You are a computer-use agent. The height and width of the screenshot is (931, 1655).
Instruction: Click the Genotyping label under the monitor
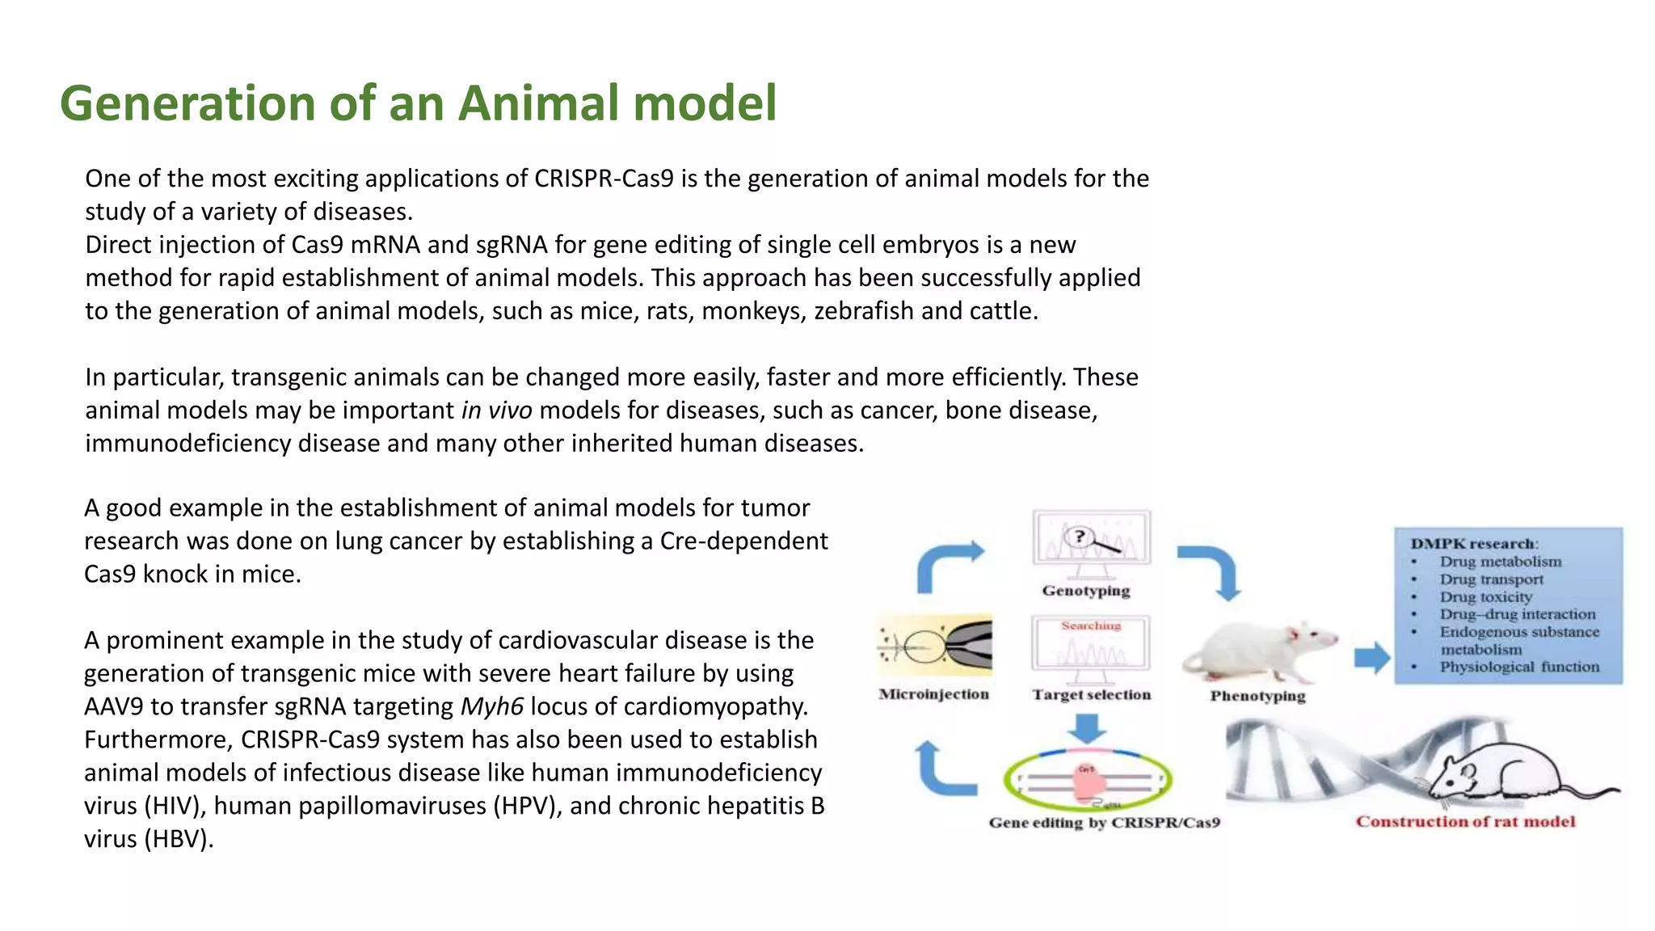coord(1085,591)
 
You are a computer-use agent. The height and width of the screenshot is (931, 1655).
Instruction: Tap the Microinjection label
coord(933,694)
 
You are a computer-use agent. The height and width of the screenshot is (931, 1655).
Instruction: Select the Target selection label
coord(1091,695)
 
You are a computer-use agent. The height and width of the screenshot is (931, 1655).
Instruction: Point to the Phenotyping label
coord(1257,696)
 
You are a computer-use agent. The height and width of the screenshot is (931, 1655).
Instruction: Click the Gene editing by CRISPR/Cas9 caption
coord(1104,823)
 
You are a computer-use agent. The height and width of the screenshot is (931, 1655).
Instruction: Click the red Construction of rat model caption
coord(1465,822)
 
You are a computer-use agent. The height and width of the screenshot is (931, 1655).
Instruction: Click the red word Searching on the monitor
coord(1091,626)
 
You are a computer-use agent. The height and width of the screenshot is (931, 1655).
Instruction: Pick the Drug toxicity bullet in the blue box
coord(1485,597)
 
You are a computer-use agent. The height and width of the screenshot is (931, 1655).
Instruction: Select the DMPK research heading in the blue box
coord(1474,544)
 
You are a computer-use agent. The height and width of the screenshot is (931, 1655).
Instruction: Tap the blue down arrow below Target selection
coord(1087,727)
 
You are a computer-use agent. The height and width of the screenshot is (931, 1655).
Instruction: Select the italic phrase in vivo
coord(496,411)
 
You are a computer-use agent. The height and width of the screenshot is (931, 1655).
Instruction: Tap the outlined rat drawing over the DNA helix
coord(1503,772)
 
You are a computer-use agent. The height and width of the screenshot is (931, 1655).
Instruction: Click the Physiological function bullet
coord(1518,667)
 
